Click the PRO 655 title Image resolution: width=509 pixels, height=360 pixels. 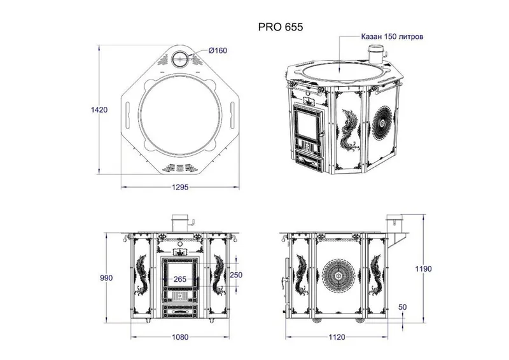tap(281, 27)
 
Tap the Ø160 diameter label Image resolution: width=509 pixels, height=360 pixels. tap(218, 51)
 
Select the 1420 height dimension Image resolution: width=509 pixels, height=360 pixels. tap(99, 110)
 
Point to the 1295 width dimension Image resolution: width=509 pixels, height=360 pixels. tap(180, 187)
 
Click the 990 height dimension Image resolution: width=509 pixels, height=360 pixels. tap(106, 278)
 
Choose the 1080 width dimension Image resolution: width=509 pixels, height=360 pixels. tap(180, 337)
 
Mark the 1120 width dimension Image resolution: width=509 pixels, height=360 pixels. tap(337, 337)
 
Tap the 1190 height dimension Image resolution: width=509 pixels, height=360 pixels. tap(424, 269)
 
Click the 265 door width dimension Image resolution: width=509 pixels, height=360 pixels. tap(180, 279)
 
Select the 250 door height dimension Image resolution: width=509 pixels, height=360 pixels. tap(236, 275)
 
